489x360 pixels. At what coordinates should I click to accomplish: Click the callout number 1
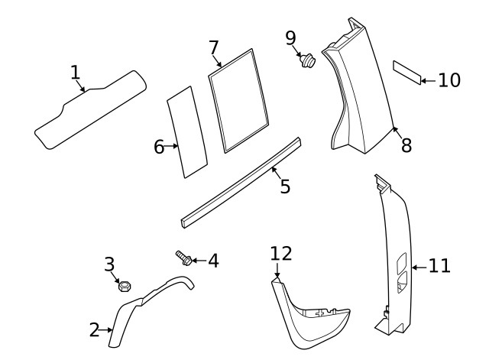click(x=75, y=73)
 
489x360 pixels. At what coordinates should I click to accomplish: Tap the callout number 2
click(x=95, y=330)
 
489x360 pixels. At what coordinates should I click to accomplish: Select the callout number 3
click(x=109, y=264)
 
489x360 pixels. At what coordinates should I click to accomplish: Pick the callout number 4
click(x=212, y=261)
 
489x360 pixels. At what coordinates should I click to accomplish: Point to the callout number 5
click(x=284, y=186)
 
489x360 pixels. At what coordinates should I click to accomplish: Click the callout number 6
click(x=160, y=147)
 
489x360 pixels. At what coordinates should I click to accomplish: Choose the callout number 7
click(x=214, y=47)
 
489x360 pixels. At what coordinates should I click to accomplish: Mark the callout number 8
click(x=406, y=145)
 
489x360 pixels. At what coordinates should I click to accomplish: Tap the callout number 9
click(x=290, y=37)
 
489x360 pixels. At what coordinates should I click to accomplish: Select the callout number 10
click(x=449, y=79)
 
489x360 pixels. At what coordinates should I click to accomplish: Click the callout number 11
click(x=439, y=266)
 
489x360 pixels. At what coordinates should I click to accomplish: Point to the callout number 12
click(x=281, y=253)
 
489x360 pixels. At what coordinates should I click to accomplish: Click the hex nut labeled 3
click(x=124, y=286)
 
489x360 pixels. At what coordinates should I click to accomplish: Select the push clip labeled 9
click(x=309, y=60)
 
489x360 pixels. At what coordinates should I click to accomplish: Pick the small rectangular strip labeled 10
click(x=406, y=73)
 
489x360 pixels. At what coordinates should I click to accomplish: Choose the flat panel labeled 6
click(x=186, y=131)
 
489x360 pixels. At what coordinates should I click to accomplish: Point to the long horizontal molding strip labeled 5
click(x=241, y=183)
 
